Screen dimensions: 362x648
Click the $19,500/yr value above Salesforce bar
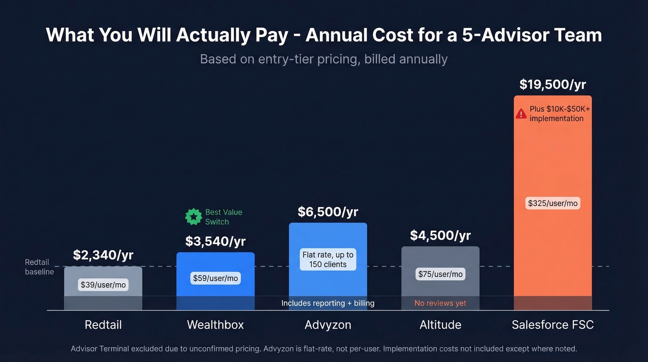[553, 84]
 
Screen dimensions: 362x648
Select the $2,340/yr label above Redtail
[103, 255]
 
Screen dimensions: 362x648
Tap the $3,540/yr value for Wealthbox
[215, 241]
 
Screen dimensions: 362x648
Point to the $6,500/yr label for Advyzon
[328, 212]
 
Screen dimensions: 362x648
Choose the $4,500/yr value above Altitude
[440, 235]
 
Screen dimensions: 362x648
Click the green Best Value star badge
[193, 216]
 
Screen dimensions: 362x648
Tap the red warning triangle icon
[521, 114]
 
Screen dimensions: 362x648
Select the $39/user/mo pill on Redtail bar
[103, 285]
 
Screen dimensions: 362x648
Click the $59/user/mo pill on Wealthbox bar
[215, 278]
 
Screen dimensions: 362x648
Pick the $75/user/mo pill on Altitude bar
[440, 274]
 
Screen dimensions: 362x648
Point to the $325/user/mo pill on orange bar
[553, 203]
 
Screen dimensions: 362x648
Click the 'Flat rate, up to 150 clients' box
[328, 260]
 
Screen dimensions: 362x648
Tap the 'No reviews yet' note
[440, 303]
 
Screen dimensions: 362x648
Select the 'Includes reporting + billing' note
[328, 303]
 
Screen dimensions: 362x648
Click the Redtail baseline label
[39, 267]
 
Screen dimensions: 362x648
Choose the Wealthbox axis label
[215, 324]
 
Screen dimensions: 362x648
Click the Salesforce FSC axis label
[553, 324]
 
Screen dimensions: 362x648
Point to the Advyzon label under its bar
[328, 324]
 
